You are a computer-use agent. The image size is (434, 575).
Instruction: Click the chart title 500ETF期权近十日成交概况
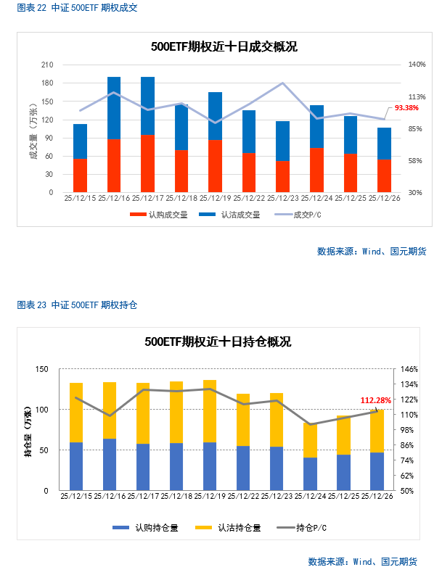[x=224, y=47]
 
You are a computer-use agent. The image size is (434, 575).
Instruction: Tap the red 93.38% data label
[x=406, y=108]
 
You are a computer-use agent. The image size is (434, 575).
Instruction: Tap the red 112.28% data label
[x=375, y=400]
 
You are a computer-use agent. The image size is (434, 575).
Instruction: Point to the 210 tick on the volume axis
[x=47, y=65]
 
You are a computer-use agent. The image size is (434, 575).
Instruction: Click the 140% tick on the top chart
[x=416, y=65]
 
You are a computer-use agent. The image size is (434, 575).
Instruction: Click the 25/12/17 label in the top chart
[x=147, y=197]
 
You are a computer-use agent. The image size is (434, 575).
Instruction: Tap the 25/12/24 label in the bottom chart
[x=310, y=496]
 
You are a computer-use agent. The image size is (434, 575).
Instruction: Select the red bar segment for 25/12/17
[x=147, y=163]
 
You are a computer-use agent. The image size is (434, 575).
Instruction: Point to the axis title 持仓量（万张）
[x=28, y=431]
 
